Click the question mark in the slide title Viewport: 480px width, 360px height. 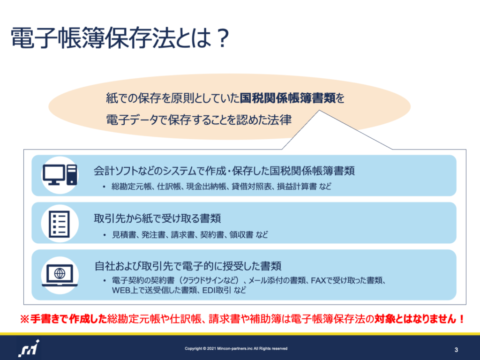tap(221, 38)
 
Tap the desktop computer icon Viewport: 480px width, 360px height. tap(60, 175)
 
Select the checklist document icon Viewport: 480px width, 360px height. tap(60, 224)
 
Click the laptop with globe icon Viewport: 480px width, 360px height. tap(60, 275)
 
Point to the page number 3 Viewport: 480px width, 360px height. tap(456, 350)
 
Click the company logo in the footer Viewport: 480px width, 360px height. tap(29, 349)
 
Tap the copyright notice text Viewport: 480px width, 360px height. tap(236, 348)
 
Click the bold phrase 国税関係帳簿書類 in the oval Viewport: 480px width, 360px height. tap(287, 98)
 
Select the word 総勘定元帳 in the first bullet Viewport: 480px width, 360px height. tap(132, 186)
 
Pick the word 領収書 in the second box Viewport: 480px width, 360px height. tap(241, 234)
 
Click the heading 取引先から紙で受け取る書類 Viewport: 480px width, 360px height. tap(157, 218)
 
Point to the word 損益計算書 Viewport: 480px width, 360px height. tap(297, 186)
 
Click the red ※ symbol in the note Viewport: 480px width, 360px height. tap(24, 319)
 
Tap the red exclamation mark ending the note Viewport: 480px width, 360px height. tap(462, 319)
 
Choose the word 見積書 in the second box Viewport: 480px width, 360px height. tap(124, 234)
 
